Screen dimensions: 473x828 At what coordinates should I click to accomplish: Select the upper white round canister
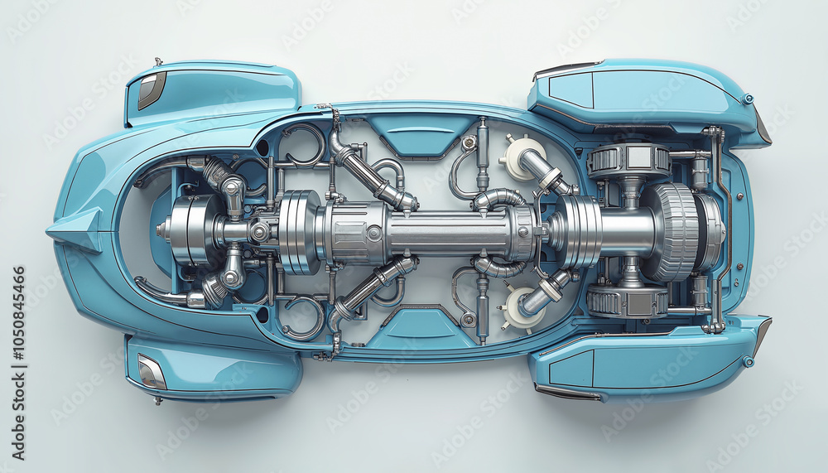tap(521, 157)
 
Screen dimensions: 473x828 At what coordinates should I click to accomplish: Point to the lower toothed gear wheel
tap(627, 302)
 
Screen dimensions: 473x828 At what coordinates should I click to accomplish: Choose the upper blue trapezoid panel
tap(420, 133)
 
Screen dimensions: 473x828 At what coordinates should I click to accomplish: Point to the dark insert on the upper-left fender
tap(151, 89)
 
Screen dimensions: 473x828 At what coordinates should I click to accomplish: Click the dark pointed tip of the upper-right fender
tap(763, 128)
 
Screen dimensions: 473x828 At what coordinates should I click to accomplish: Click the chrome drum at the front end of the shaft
tap(190, 230)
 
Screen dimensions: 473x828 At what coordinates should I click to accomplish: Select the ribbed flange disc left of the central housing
tap(299, 231)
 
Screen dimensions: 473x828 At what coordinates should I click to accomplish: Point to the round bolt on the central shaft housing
tap(373, 233)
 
